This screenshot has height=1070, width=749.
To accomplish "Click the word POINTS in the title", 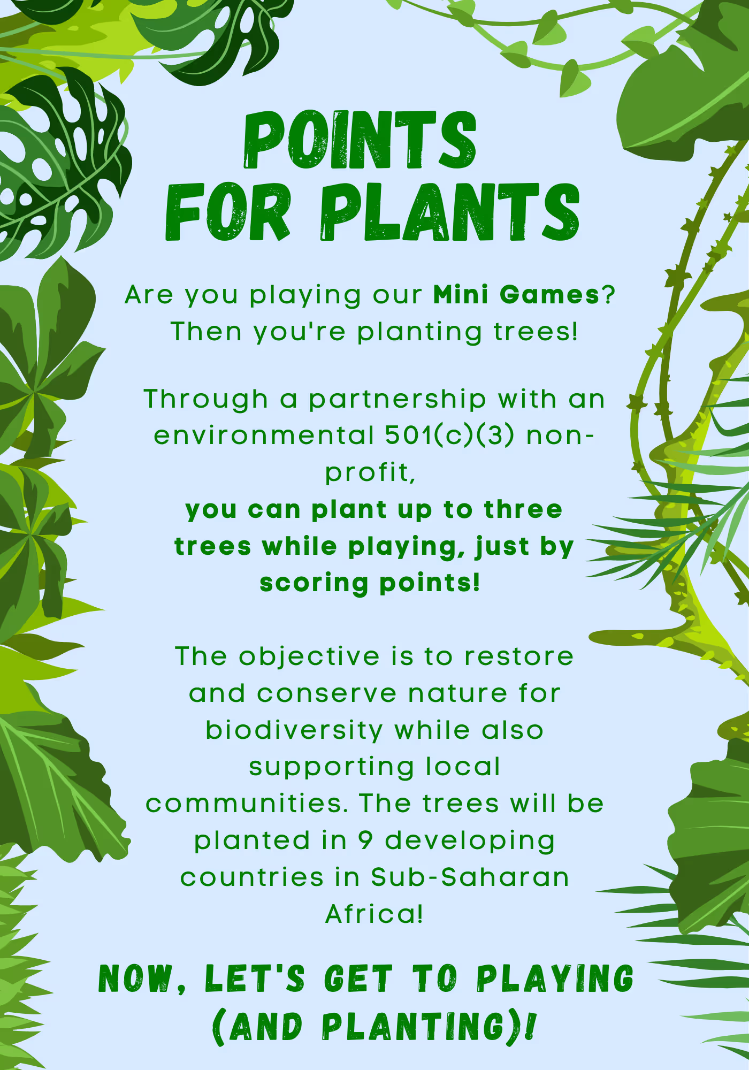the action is click(x=360, y=140).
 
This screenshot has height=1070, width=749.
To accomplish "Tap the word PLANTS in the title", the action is click(x=450, y=212).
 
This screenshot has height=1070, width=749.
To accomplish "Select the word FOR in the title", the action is click(x=228, y=212).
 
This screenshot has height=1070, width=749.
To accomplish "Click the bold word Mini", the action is click(x=461, y=294).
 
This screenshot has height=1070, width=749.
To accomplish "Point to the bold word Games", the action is click(x=549, y=295).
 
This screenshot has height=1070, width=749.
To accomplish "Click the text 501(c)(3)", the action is click(x=450, y=435).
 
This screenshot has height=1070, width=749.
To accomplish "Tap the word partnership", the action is click(x=398, y=399).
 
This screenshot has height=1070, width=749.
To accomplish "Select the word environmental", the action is click(x=264, y=435).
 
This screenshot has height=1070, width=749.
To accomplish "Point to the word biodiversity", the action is click(x=294, y=730).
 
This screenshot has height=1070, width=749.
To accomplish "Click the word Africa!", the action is click(x=374, y=914).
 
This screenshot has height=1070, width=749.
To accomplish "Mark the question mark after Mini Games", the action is click(x=608, y=295).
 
